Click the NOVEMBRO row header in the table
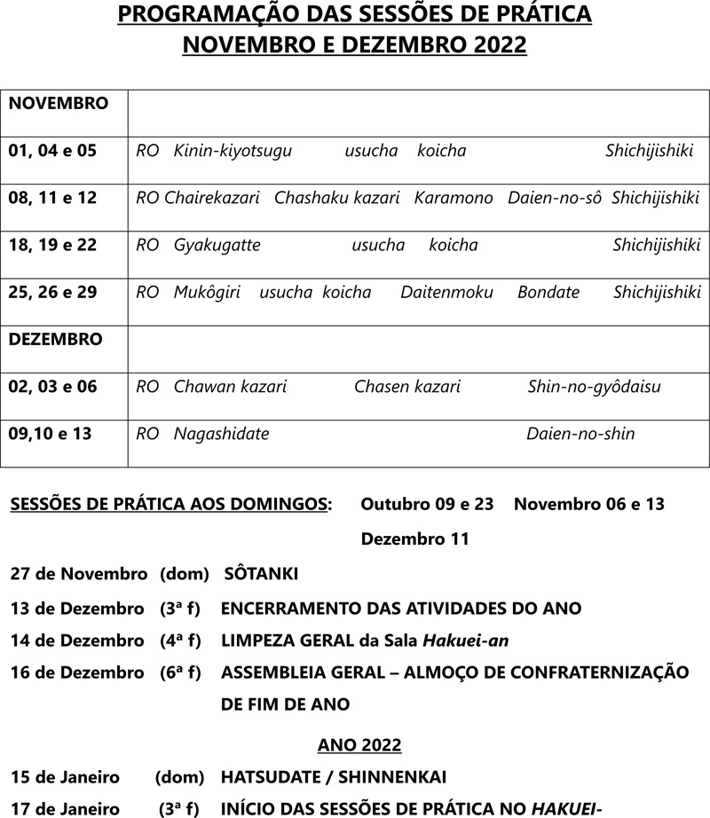point(58,104)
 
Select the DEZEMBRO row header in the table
point(55,340)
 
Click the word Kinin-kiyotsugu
point(233,151)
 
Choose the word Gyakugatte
point(217,245)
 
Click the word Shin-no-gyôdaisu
point(594,387)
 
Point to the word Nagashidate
point(222,434)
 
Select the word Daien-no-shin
point(580,434)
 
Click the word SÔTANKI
point(262,574)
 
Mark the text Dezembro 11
point(415,539)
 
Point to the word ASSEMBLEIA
point(273,672)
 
